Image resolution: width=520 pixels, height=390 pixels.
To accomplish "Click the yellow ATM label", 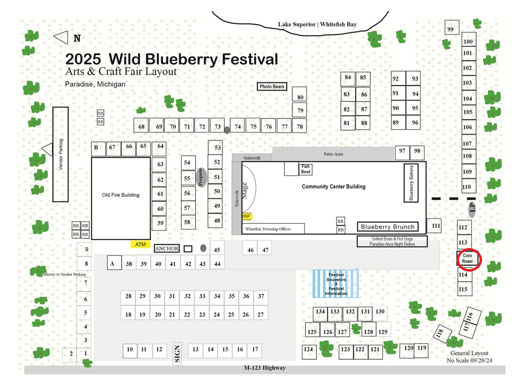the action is point(140,244).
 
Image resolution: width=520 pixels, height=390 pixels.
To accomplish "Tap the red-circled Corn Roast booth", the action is point(467,258).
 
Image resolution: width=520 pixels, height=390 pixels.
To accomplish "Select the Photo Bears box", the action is point(272,86).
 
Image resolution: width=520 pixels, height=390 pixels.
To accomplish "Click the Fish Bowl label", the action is point(305,169).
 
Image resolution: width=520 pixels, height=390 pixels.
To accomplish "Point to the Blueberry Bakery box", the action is point(411,183).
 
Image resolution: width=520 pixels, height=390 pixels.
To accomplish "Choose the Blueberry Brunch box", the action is point(388,227).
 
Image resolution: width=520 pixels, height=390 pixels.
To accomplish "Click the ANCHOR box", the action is point(167,249).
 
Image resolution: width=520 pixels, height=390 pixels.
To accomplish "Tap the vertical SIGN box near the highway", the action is point(177,353).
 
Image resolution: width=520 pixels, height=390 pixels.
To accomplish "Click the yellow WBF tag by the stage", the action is point(246,216).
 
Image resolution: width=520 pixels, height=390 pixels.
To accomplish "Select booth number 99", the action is point(452,27).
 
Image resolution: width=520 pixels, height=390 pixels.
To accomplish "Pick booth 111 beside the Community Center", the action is point(434,226).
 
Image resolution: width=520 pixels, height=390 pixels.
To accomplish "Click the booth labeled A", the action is point(114,263).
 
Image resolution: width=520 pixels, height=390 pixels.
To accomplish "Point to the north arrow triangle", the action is point(61,38).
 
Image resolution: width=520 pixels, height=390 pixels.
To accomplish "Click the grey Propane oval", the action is point(201,177).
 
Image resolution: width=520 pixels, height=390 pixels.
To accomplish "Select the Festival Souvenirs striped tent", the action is point(336,284).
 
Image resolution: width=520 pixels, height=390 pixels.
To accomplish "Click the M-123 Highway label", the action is point(265,368).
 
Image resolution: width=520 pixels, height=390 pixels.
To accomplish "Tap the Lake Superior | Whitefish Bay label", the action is point(318,24).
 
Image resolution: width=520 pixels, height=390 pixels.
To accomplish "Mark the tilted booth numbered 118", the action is point(442,333).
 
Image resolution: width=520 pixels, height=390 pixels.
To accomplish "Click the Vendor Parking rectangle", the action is point(60,155).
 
